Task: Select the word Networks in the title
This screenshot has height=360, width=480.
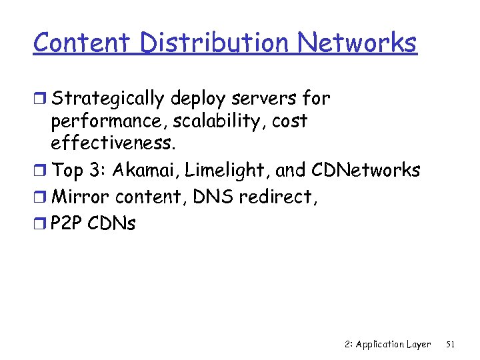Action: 357,43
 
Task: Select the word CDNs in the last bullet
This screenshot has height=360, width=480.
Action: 112,223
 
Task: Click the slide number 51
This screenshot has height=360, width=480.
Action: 450,345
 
